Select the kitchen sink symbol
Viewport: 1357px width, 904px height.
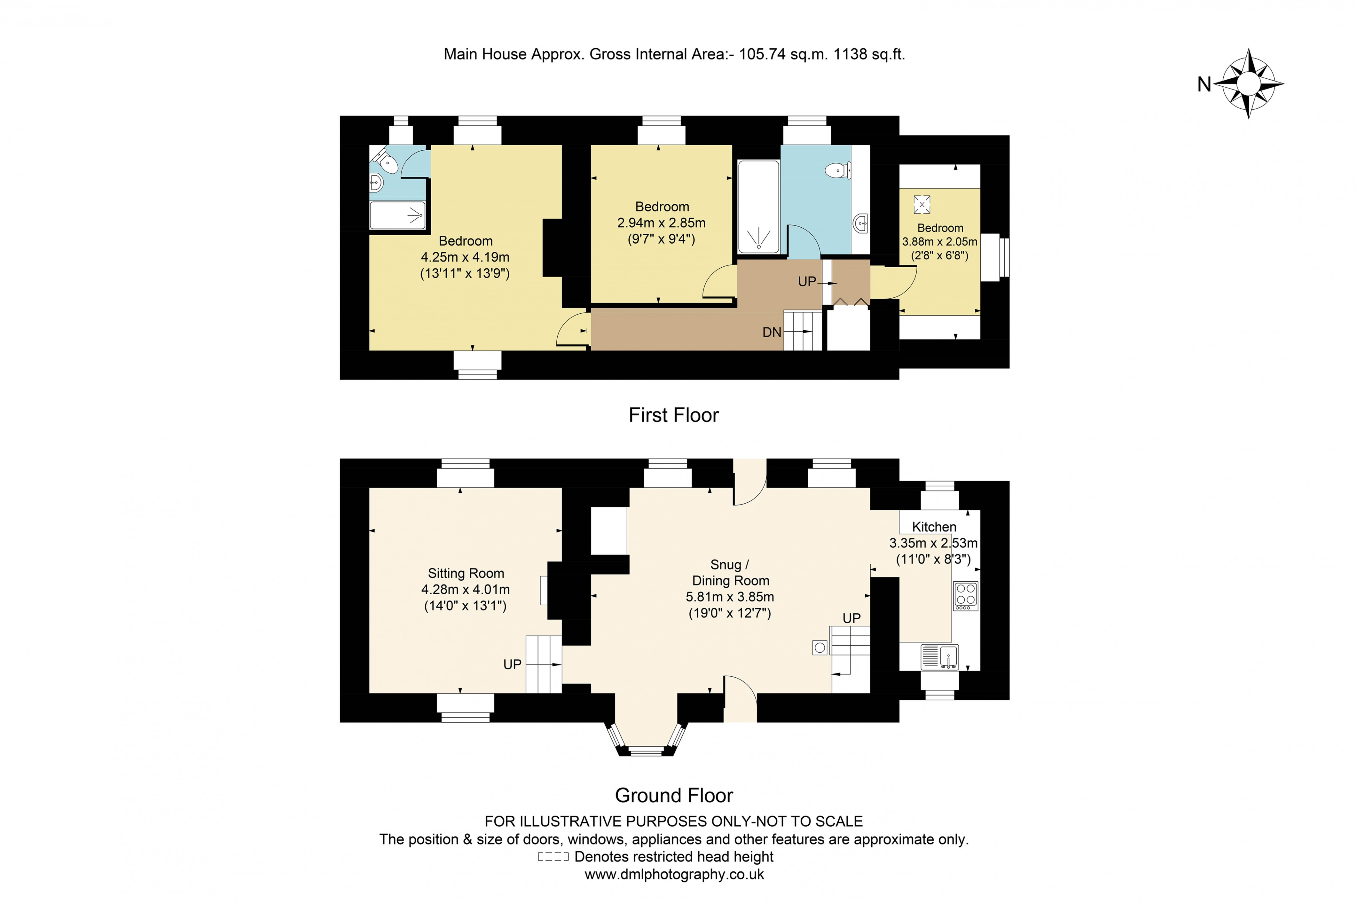pyautogui.click(x=940, y=657)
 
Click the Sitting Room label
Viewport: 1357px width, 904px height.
pyautogui.click(x=466, y=573)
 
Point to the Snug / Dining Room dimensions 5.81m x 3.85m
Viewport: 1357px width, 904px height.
pyautogui.click(x=730, y=597)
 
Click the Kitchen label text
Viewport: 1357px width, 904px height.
pyautogui.click(x=934, y=526)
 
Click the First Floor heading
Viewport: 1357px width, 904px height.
pyautogui.click(x=673, y=415)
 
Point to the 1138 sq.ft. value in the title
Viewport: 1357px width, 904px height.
pyautogui.click(x=869, y=54)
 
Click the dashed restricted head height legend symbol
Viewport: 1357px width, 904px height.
pyautogui.click(x=553, y=857)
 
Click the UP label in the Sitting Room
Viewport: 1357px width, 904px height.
pyautogui.click(x=512, y=664)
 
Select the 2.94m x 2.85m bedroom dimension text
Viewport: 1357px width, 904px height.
pyautogui.click(x=661, y=223)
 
